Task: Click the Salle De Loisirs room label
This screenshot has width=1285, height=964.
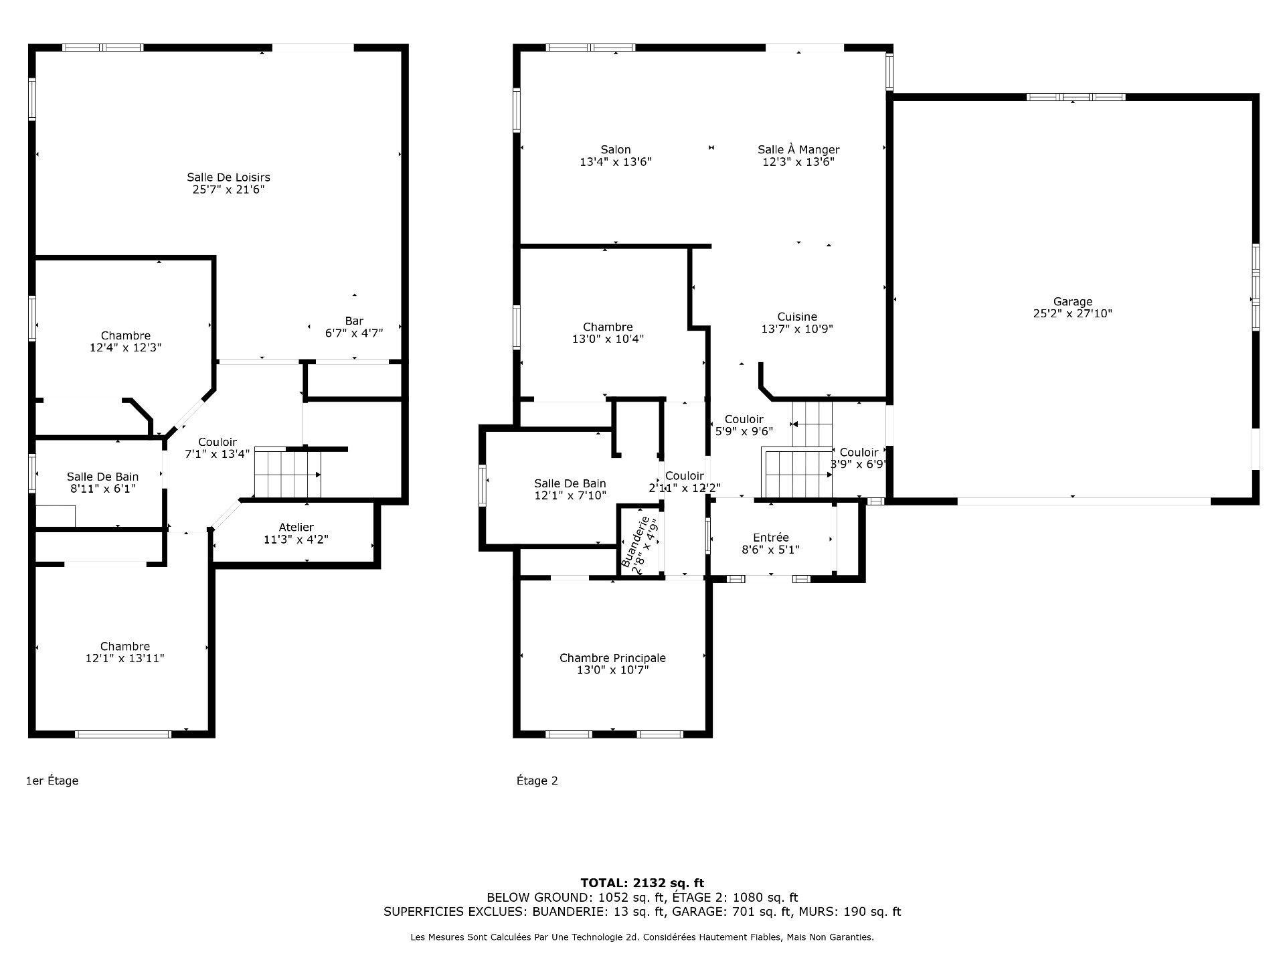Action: coord(228,177)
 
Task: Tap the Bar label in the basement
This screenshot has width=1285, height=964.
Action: coord(354,321)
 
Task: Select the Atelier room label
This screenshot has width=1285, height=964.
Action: coord(296,528)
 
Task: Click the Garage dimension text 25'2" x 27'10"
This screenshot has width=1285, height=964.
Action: coord(1072,313)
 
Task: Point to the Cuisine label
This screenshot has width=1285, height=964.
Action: coord(796,317)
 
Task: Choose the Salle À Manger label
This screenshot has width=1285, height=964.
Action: coord(798,150)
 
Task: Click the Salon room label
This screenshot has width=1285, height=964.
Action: coord(615,150)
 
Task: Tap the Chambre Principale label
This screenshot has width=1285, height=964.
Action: coord(612,658)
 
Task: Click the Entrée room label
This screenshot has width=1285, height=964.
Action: coord(770,538)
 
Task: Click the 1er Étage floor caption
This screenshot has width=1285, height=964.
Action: coord(52,781)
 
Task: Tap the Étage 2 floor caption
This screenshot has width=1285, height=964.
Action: coord(537,781)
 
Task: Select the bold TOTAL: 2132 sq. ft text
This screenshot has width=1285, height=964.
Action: coord(642,883)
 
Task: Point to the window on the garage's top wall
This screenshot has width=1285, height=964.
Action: coord(1076,97)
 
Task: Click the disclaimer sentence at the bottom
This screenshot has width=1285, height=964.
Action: coord(642,937)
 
